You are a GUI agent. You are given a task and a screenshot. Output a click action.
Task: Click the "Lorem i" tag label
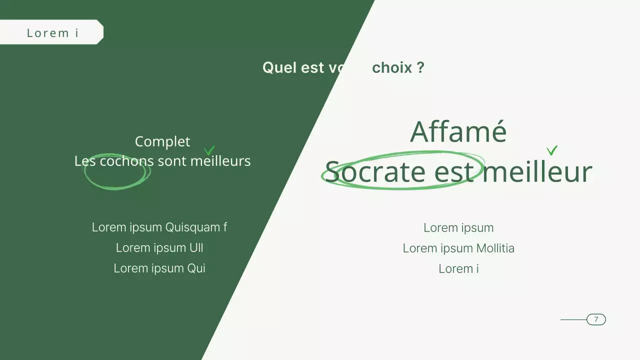click(52, 33)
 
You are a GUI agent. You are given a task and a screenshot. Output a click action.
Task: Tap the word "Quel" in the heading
click(279, 67)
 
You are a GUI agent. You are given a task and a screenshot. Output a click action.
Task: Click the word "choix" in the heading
click(392, 67)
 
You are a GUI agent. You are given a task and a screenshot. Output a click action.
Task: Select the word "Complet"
click(162, 141)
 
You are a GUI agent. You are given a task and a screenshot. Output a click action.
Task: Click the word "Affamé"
click(458, 131)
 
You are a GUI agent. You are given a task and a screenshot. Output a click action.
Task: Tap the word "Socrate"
click(375, 171)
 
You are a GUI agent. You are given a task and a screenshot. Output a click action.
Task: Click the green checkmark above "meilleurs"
click(209, 150)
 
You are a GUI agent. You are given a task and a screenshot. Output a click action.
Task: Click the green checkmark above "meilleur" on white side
click(552, 150)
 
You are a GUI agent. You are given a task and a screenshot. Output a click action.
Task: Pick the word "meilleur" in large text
click(537, 171)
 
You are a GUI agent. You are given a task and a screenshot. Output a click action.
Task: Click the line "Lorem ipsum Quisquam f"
click(159, 227)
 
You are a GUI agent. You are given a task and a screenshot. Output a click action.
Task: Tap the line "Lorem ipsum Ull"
click(159, 248)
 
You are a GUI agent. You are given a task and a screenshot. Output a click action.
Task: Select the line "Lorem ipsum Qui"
click(159, 268)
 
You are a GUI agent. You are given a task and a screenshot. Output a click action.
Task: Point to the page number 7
click(596, 319)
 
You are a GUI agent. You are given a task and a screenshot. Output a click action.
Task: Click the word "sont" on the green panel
click(172, 161)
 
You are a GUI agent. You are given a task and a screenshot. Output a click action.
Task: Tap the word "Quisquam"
click(192, 227)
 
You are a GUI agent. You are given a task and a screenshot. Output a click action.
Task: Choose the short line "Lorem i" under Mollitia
click(458, 269)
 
